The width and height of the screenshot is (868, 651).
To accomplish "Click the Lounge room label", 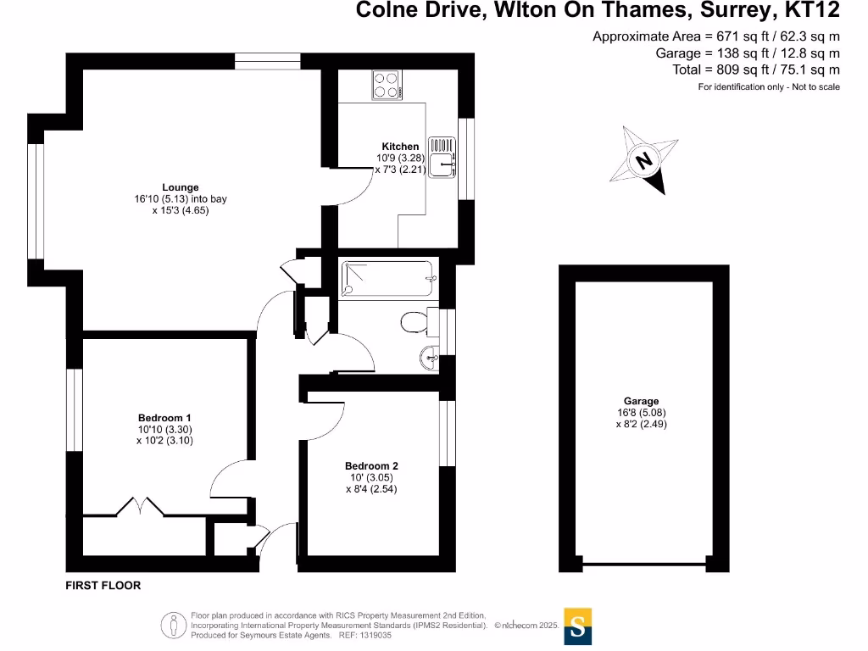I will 181,187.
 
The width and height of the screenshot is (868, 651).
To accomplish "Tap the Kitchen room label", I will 399,147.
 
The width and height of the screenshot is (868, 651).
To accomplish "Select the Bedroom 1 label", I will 164,418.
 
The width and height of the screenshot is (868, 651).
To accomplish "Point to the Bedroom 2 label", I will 371,465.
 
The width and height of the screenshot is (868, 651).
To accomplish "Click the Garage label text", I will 641,402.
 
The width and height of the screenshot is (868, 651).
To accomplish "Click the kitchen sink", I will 442,158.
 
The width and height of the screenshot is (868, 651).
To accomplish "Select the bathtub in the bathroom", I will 388,279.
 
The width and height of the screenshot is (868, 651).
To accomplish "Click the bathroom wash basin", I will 429,359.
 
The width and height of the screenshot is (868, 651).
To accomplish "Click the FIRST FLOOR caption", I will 103,586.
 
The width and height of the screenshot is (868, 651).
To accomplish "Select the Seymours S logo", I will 578,627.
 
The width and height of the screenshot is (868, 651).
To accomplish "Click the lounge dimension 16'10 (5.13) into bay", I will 175,199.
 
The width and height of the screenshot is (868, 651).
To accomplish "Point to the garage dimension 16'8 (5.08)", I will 641,414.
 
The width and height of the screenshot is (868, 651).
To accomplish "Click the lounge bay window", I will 36,200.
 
